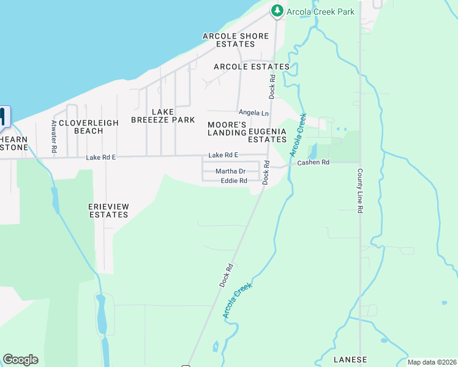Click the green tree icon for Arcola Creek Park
[x=277, y=10]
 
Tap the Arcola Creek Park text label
[x=320, y=11]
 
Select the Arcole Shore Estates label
[x=236, y=40]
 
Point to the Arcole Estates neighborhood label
[x=251, y=66]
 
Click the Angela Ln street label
[x=253, y=113]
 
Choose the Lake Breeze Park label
[x=163, y=116]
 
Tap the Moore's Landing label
[x=227, y=128]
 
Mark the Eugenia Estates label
[x=268, y=135]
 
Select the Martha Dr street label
[x=230, y=171]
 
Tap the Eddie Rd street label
[x=234, y=181]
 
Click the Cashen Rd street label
[x=313, y=162]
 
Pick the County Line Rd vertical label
[x=360, y=190]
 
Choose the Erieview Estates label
[x=108, y=210]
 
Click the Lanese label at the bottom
[x=350, y=359]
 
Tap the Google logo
[x=20, y=360]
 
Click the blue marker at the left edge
[x=3, y=117]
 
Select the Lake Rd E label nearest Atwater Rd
[x=100, y=157]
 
